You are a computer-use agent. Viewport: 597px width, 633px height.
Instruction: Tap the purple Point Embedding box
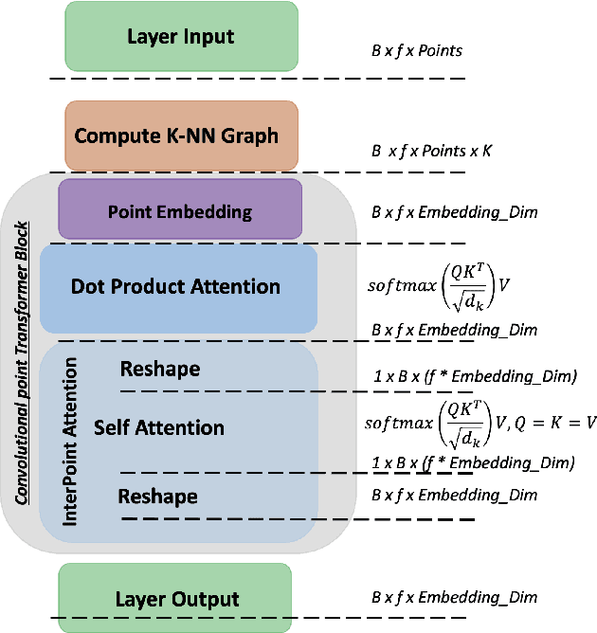180,210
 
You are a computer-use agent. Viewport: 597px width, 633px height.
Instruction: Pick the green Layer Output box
175,598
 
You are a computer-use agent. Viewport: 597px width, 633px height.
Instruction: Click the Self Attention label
159,428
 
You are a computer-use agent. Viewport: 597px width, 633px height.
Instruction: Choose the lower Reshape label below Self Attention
158,497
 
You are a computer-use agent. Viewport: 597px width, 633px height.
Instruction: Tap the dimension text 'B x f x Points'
417,49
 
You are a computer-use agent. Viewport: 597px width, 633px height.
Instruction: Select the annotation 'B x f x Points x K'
431,151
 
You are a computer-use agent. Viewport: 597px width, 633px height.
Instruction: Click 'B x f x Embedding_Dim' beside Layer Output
454,597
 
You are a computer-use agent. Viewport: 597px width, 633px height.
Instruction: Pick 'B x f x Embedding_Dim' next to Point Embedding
454,212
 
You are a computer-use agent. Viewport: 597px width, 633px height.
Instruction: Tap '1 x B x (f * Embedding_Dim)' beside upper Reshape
473,376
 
